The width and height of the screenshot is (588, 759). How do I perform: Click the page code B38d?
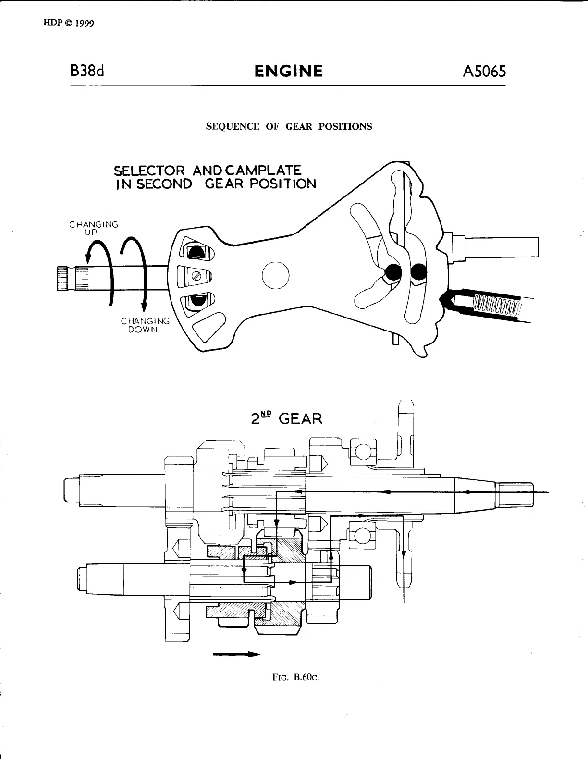[87, 72]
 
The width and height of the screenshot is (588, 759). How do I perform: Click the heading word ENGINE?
[288, 72]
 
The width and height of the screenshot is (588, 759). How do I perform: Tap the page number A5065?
[484, 72]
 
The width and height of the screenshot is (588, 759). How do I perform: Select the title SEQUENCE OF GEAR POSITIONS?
[289, 127]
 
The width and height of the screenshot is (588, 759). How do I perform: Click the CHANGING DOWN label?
[145, 325]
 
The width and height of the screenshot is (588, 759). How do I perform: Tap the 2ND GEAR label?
[287, 418]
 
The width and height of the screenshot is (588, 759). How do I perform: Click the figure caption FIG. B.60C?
[295, 677]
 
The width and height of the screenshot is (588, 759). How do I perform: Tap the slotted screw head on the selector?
[196, 276]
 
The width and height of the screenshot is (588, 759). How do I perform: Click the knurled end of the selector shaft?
[64, 278]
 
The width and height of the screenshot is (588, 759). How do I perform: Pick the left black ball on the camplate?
[392, 272]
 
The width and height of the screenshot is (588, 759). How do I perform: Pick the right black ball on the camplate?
[419, 272]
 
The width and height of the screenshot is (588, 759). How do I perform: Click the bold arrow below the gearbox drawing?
[236, 654]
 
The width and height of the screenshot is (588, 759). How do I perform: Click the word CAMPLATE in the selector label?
[263, 171]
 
